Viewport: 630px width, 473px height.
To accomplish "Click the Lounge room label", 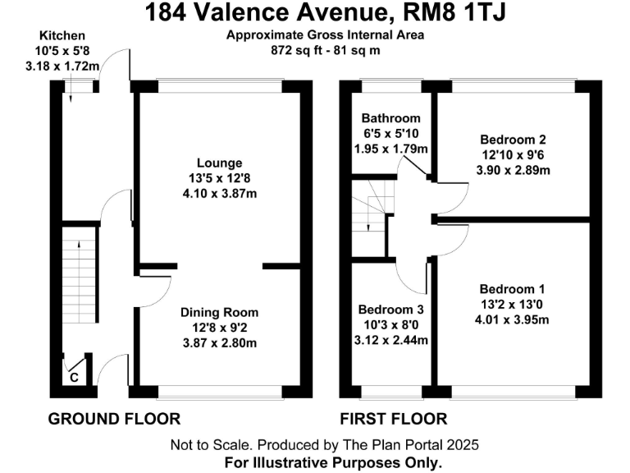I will tap(219, 163).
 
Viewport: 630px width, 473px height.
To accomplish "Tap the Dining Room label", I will tap(219, 312).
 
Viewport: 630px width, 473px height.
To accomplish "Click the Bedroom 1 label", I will tap(512, 289).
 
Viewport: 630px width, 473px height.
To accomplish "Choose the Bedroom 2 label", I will tap(514, 140).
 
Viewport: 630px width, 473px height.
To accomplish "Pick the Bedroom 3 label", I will tap(391, 310).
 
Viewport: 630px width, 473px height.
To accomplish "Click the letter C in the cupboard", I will tap(74, 377).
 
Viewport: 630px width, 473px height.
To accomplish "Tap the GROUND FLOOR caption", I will tap(115, 419).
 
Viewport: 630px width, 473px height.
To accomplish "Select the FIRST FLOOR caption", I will tap(394, 419).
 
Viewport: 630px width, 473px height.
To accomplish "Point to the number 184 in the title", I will tap(167, 13).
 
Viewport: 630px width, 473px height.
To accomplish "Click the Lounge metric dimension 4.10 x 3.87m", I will tap(219, 194).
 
